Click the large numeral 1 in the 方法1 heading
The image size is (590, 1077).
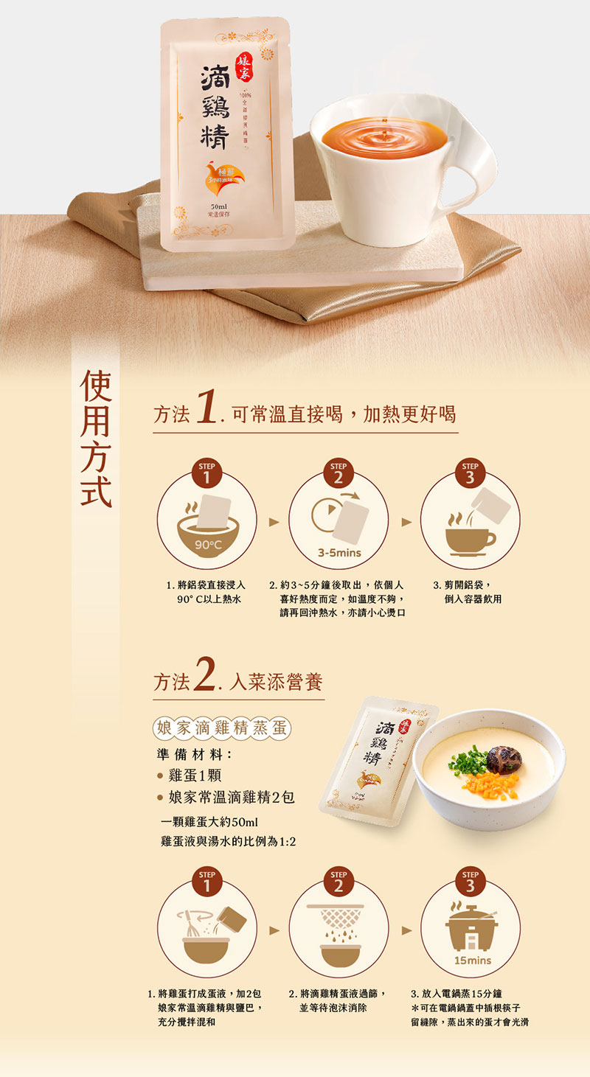(206, 409)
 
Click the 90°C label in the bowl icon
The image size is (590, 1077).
(207, 544)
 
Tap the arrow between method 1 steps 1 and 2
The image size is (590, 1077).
(274, 522)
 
